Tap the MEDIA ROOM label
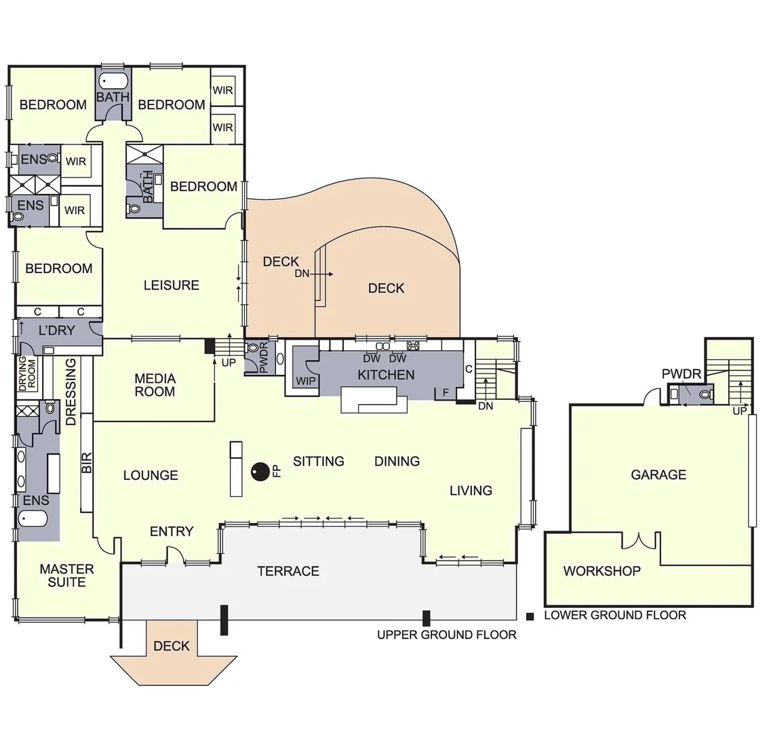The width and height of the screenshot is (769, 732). tap(155, 385)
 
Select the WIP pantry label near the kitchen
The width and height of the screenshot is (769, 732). tap(306, 381)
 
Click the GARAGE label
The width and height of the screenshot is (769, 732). tap(658, 474)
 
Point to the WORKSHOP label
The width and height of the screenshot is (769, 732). tap(602, 571)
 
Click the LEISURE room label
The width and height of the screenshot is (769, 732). tap(171, 285)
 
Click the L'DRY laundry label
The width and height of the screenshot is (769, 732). tap(56, 331)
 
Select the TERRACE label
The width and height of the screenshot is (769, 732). tap(288, 571)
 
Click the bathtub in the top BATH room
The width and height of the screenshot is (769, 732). tap(113, 81)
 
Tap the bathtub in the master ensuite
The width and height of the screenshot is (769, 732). tap(33, 520)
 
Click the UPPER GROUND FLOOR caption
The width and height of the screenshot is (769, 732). tap(447, 635)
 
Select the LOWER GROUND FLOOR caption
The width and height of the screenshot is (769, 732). tap(614, 615)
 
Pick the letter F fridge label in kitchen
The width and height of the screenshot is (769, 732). tap(446, 392)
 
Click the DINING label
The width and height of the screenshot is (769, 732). tap(397, 461)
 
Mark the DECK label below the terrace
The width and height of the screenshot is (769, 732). tap(172, 646)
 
